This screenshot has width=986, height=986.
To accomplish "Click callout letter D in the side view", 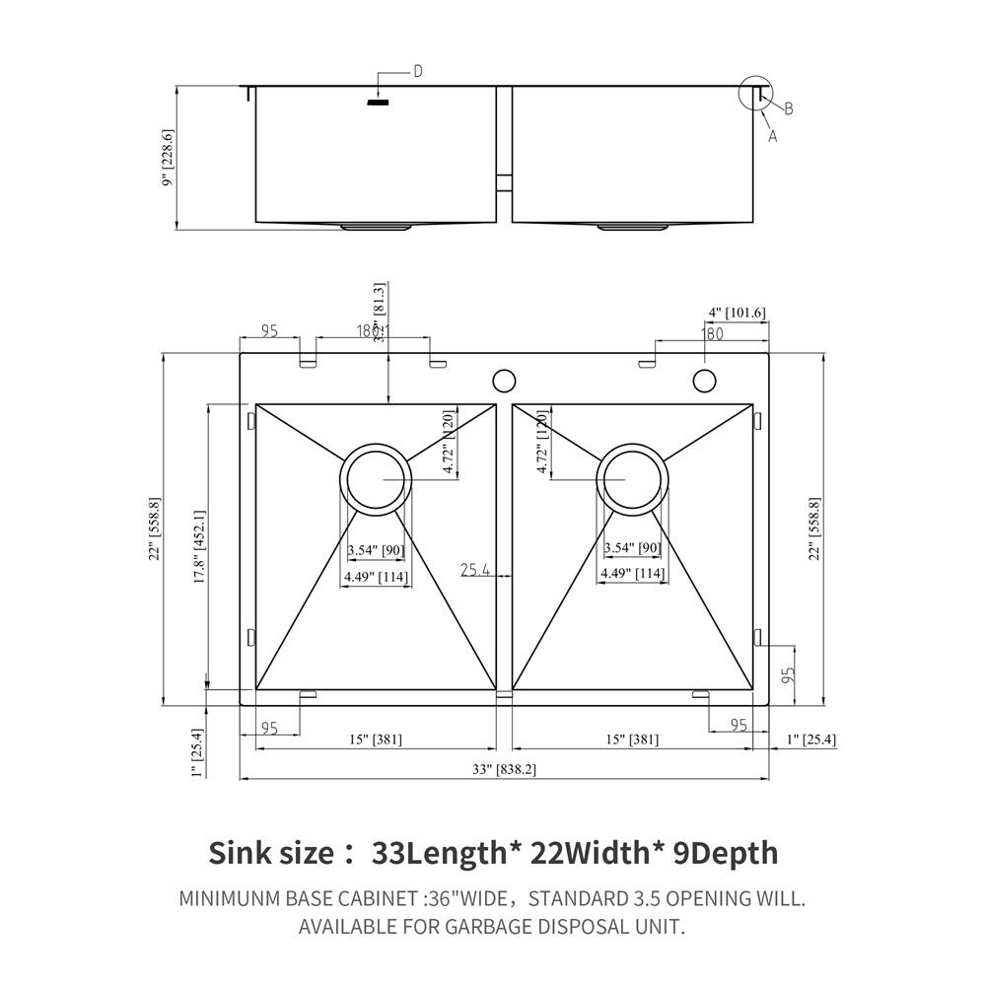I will tap(417, 71).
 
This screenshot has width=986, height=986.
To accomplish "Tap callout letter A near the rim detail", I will tap(772, 137).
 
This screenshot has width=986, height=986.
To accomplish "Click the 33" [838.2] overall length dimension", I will tap(503, 769).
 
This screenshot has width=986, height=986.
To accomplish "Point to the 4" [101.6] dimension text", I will tap(737, 313).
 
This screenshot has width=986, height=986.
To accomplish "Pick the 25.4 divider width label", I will tap(475, 569).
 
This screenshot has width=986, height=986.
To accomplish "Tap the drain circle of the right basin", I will tap(632, 478).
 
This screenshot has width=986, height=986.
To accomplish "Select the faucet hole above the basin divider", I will tap(504, 380).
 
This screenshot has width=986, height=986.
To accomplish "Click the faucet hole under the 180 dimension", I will tap(704, 380).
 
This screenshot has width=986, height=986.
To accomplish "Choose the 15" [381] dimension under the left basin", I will tap(375, 739).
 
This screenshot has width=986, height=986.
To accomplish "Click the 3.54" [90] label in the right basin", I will tap(632, 548).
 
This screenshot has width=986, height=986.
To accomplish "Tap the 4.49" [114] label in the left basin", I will tap(375, 578).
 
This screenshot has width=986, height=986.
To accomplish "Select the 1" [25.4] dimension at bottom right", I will tap(810, 739).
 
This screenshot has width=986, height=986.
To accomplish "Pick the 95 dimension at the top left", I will tap(268, 332).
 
